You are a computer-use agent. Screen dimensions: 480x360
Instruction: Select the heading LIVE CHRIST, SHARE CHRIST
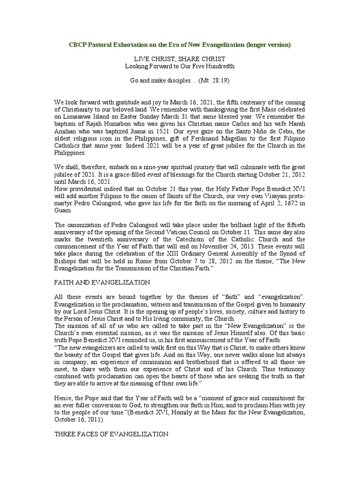tap(180, 59)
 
